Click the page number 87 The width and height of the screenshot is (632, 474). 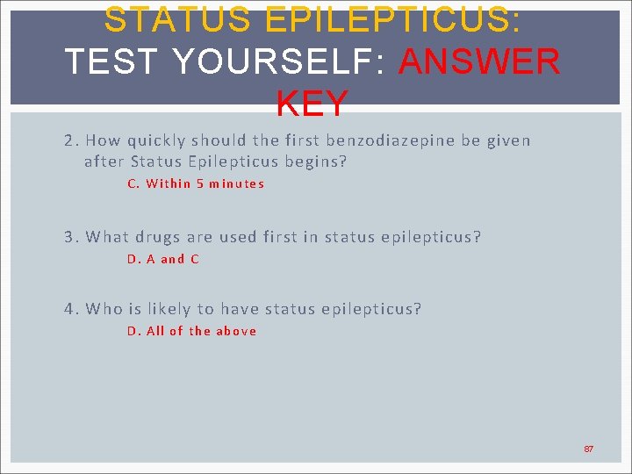coord(589,449)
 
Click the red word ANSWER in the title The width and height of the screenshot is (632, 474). coord(479,61)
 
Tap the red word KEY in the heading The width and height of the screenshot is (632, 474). coord(312,104)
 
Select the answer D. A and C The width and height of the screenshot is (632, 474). coord(163,259)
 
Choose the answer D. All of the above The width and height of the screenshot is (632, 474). coord(191,331)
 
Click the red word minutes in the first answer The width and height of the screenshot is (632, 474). coord(237,183)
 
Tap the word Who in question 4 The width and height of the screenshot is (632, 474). coord(104,309)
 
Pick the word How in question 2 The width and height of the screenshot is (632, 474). coord(104,140)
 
